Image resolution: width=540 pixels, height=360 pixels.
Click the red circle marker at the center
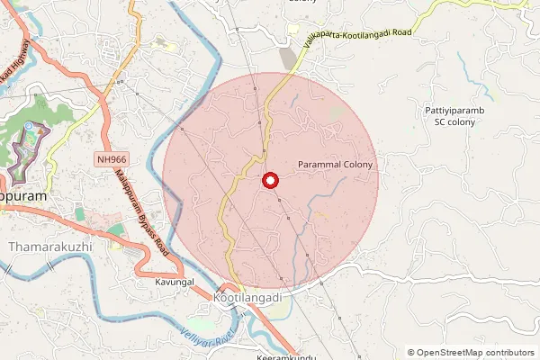(269, 181)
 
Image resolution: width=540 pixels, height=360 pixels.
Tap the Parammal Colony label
(334, 166)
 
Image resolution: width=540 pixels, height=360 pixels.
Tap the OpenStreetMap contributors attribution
(474, 353)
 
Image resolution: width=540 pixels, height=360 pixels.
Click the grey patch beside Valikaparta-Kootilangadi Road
(288, 58)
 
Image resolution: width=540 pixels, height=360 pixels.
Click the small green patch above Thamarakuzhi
(79, 214)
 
